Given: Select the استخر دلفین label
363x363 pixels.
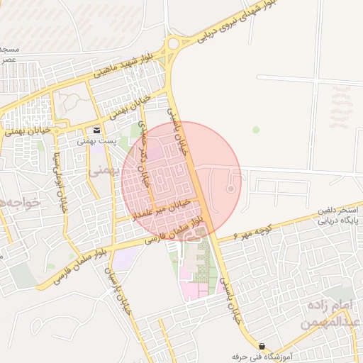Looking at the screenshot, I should (x=335, y=211).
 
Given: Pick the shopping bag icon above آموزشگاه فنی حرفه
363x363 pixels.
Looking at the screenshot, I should (x=263, y=345).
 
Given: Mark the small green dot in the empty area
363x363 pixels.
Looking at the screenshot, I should (x=256, y=130).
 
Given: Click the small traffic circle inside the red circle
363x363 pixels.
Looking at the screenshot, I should (x=230, y=189).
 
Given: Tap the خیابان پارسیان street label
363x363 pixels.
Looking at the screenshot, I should (x=120, y=291).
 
